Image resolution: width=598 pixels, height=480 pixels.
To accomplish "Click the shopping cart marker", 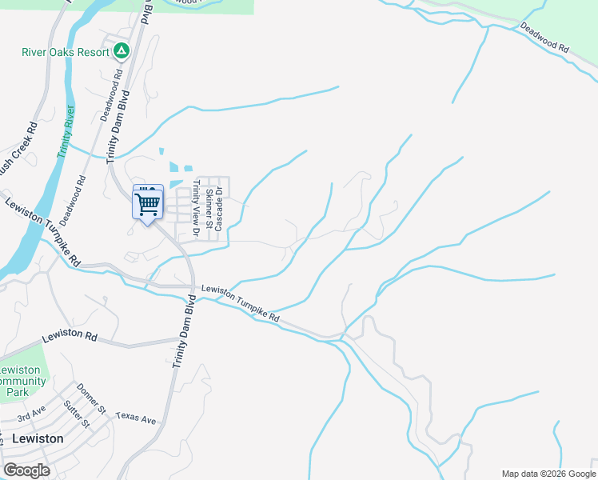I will pyautogui.click(x=148, y=204).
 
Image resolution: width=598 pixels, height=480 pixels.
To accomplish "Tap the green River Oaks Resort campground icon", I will pyautogui.click(x=122, y=52).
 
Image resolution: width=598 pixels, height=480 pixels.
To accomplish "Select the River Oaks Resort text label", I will pyautogui.click(x=66, y=53).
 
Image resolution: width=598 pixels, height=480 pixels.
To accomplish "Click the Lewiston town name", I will pyautogui.click(x=38, y=438).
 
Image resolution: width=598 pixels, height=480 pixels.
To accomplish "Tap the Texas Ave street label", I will pyautogui.click(x=136, y=418).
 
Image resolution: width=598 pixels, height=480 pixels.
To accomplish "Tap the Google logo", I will pyautogui.click(x=26, y=470).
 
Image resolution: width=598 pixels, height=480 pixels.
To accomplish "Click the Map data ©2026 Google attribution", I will pyautogui.click(x=548, y=474).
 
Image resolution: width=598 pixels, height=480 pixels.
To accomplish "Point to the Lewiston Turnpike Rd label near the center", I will pyautogui.click(x=241, y=305).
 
